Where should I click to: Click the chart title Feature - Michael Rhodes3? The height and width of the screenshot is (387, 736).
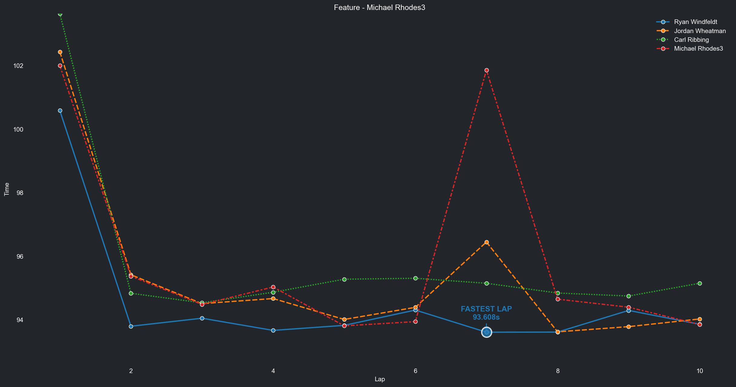[x=379, y=8]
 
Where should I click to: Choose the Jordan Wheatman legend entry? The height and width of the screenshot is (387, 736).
[x=700, y=31]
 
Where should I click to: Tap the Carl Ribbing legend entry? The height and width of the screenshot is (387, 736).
[x=691, y=40]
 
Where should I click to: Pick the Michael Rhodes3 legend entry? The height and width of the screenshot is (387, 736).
[x=698, y=49]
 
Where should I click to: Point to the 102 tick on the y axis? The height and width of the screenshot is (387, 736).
[x=18, y=66]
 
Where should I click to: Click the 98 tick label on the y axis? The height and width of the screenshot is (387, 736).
[x=20, y=193]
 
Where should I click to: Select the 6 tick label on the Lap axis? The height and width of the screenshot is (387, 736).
[x=415, y=371]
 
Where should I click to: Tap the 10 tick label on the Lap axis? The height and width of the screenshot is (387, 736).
[x=699, y=371]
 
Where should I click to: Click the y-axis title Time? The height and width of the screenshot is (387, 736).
[x=7, y=189]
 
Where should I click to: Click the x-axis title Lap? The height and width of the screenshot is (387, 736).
[x=379, y=379]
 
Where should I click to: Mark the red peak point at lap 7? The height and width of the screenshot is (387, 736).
[x=487, y=70]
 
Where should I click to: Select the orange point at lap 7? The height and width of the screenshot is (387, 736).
[x=487, y=242]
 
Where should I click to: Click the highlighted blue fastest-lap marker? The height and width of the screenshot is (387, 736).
[x=487, y=332]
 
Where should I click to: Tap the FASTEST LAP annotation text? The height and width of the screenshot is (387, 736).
[x=486, y=309]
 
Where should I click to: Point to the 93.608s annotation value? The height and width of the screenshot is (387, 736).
[x=486, y=317]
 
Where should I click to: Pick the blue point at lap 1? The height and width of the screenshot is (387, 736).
[x=60, y=111]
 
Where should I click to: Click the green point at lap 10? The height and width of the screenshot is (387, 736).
[x=700, y=283]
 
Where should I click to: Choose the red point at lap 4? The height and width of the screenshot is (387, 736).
[x=273, y=287]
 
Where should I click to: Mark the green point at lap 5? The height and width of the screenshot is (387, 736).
[x=344, y=279]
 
